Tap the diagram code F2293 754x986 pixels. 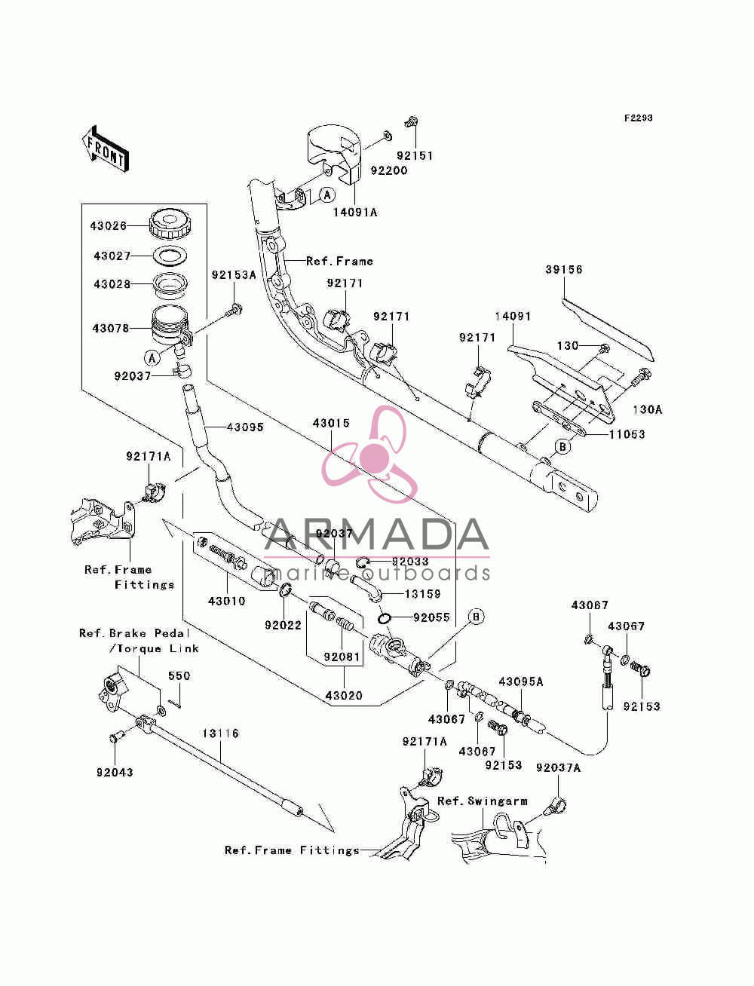[638, 118]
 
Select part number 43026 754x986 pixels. [109, 225]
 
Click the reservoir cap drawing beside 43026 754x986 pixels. [170, 224]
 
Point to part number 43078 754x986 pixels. [111, 329]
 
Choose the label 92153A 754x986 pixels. [234, 275]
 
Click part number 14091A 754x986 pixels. [355, 213]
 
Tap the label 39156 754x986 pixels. [564, 270]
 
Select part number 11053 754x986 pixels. [627, 434]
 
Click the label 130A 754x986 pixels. [648, 409]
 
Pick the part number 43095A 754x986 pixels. [521, 682]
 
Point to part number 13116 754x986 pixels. [220, 733]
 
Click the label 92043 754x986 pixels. [115, 772]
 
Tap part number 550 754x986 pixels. [179, 675]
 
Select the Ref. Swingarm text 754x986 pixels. [483, 801]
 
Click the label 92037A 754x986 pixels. [558, 767]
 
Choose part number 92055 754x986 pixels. [431, 617]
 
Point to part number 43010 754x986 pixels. [226, 601]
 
